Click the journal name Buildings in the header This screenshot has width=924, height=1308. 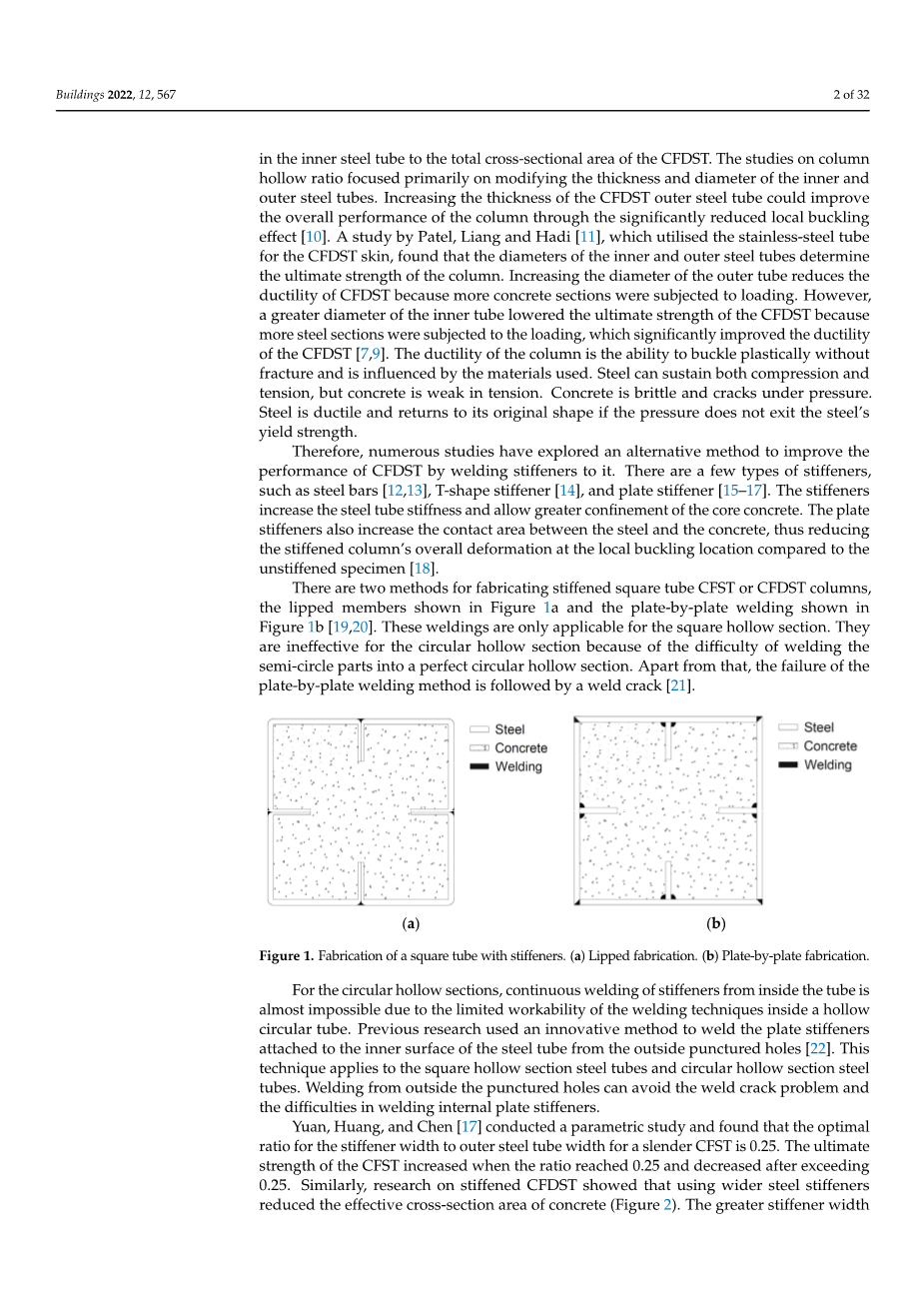[x=79, y=95]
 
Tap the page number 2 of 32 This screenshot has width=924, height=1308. [x=851, y=95]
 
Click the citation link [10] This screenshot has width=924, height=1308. [x=315, y=237]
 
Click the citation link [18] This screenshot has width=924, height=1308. [x=424, y=569]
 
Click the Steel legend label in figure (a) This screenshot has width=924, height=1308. [x=509, y=729]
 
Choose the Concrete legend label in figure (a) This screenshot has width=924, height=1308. [x=521, y=748]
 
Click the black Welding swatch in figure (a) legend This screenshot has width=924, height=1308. [x=479, y=766]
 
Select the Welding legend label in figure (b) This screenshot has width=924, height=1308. [x=828, y=765]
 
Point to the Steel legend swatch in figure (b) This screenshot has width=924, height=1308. [x=788, y=727]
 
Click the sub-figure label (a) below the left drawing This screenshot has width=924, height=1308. [x=410, y=924]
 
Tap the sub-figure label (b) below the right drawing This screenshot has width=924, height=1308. [x=716, y=924]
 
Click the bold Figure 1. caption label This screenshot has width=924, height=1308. [x=286, y=956]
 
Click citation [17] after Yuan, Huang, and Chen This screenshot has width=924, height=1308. [x=464, y=1126]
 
